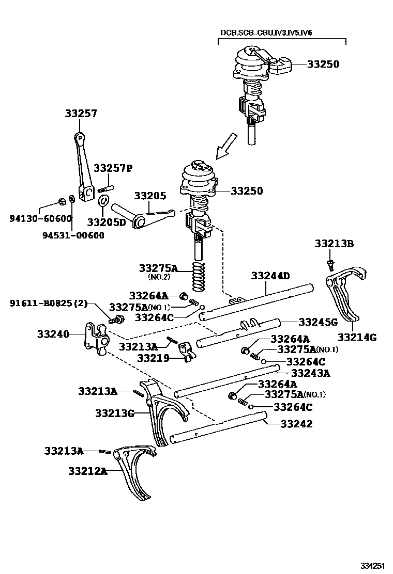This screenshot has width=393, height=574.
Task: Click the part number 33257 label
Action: [x=81, y=114]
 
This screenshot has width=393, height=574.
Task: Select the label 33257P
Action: [x=113, y=168]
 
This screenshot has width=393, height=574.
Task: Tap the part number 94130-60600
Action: [x=40, y=218]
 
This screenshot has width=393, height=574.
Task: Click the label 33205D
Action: [x=107, y=222]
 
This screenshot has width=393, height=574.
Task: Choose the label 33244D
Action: [x=270, y=276]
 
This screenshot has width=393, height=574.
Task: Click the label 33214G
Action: [x=357, y=338]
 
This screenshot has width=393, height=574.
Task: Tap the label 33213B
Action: [x=335, y=244]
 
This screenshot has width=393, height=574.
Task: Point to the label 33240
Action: [x=53, y=334]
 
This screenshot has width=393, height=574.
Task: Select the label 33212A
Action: [x=87, y=471]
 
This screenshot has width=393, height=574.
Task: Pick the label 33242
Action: [x=296, y=424]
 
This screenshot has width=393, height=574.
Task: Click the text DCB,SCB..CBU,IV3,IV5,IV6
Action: [x=266, y=33]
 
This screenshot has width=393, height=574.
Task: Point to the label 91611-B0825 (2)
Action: [x=49, y=303]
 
